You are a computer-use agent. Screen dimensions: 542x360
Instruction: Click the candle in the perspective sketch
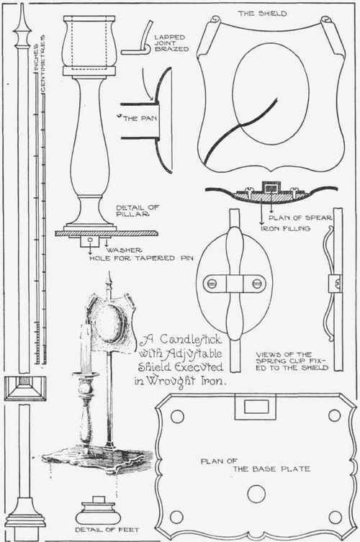pos(84,349)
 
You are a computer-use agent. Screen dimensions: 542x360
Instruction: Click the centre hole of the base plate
pos(256,494)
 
